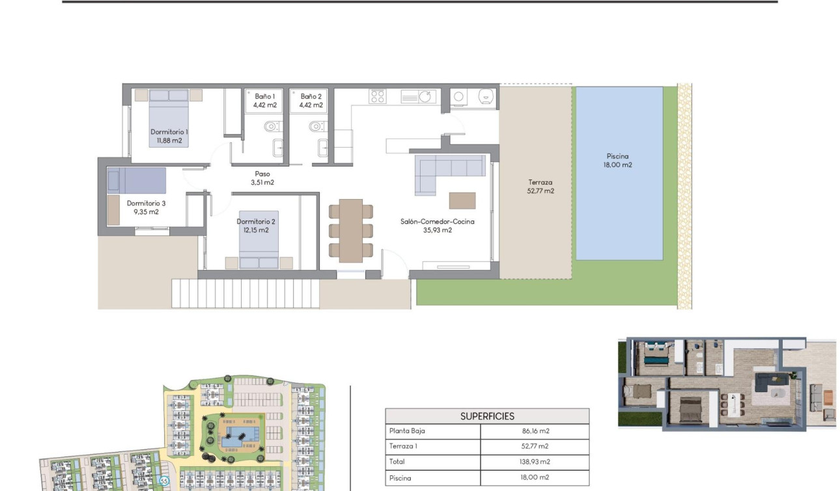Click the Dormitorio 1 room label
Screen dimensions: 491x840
(x=169, y=132)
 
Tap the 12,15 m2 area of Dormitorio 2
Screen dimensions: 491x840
(x=255, y=230)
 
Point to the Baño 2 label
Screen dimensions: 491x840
(x=311, y=96)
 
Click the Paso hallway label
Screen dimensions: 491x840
(x=262, y=174)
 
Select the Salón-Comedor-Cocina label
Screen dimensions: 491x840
(x=437, y=222)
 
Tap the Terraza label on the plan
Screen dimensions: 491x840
(x=540, y=183)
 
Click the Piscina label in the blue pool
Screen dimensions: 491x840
(x=618, y=156)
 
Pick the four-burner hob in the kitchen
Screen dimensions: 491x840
(x=377, y=96)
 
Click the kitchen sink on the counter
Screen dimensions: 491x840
(x=418, y=96)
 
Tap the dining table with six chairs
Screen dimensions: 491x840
(x=350, y=230)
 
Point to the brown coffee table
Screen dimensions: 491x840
(x=462, y=200)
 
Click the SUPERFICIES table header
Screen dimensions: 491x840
(x=487, y=416)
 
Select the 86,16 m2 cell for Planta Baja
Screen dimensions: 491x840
(x=534, y=431)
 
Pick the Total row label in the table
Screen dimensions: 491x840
(x=397, y=462)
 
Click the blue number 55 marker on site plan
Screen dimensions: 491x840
(x=164, y=481)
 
